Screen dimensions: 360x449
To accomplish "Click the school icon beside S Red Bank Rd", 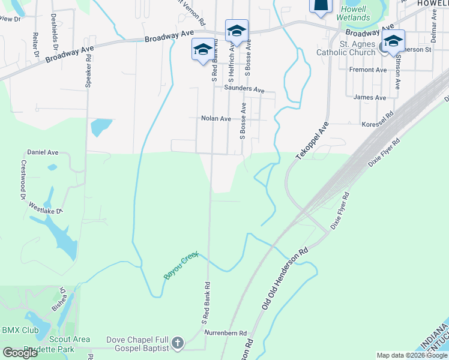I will tap(202, 49).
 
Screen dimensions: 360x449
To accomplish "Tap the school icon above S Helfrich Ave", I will tap(237, 31).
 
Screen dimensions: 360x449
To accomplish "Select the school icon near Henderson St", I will tap(393, 41).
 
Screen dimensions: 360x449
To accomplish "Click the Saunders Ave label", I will tap(244, 89).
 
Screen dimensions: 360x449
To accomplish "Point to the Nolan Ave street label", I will tap(216, 119).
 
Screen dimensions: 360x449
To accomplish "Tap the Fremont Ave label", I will tap(368, 70).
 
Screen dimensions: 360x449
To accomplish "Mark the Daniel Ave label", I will tap(43, 153).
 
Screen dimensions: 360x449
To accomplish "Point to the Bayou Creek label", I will tap(181, 266).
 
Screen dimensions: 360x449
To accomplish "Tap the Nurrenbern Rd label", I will tap(226, 333).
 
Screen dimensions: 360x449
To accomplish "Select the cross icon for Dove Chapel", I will tap(177, 344).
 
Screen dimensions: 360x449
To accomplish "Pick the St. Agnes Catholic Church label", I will tap(358, 48).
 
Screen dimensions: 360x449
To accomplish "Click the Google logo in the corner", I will tap(20, 353).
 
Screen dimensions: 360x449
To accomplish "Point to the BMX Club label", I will tap(20, 331).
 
